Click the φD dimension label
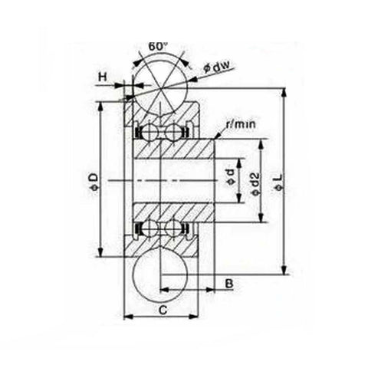pos(93,180)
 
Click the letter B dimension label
pos(229,283)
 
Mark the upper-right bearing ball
pos(173,133)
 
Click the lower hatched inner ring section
pos(175,212)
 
